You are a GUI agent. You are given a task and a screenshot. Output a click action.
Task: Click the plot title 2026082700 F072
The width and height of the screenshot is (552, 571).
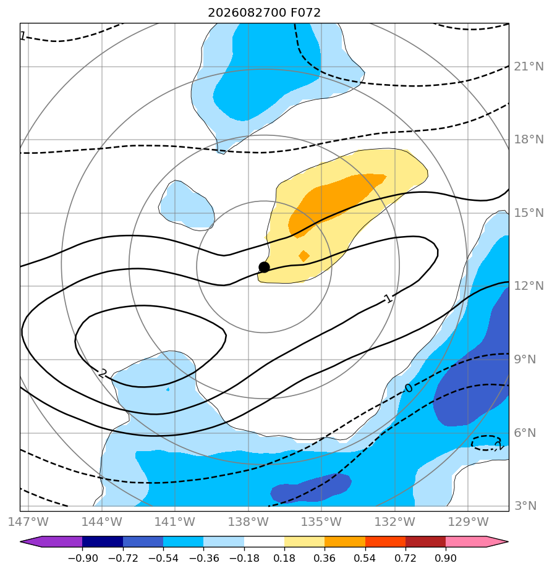point(264,13)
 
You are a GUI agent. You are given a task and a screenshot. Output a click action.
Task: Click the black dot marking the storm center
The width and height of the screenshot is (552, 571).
point(264,268)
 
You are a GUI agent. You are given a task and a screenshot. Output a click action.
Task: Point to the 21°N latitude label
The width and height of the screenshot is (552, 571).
point(529,67)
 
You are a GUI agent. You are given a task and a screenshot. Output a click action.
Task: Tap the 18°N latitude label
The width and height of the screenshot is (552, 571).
point(529,140)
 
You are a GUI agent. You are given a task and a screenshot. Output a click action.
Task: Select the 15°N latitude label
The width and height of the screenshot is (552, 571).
point(529,213)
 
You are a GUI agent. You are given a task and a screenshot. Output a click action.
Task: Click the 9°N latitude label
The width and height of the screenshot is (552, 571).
point(525,360)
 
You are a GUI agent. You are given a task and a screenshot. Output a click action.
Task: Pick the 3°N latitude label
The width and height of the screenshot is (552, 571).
point(525,506)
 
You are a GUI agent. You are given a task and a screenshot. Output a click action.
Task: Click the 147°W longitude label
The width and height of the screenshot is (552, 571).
point(28,522)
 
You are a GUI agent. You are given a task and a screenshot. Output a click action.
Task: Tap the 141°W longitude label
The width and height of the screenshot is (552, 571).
point(175,522)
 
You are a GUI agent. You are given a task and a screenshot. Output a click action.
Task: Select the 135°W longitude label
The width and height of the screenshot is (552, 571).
point(321,522)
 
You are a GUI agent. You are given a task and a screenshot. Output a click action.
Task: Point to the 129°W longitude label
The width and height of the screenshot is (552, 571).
point(468,522)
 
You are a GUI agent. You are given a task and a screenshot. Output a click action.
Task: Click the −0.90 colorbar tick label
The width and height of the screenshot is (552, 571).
point(83,558)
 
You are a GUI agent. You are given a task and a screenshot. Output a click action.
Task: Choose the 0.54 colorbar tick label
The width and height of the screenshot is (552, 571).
point(365,558)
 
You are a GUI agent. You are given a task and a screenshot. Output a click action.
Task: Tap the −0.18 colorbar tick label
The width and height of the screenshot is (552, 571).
point(244,558)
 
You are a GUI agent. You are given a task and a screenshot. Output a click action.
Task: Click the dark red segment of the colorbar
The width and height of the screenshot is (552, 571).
point(425,541)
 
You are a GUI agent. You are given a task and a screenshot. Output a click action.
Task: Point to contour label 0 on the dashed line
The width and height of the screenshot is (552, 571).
point(409,389)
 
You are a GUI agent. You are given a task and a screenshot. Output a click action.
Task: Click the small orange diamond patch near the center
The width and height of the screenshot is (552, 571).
point(304,256)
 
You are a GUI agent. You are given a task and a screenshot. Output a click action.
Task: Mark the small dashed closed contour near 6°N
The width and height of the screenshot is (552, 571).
point(486,443)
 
